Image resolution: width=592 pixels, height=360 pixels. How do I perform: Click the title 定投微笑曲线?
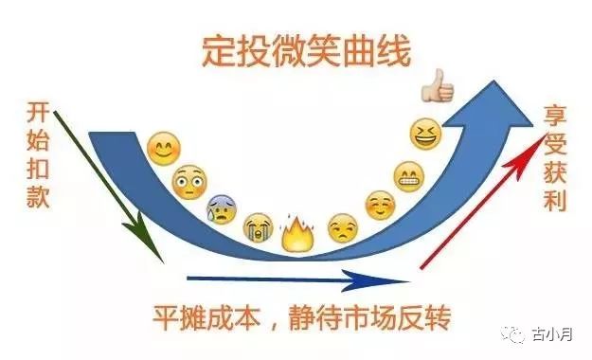click(x=305, y=51)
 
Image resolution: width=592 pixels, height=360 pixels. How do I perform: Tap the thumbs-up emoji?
click(x=440, y=89)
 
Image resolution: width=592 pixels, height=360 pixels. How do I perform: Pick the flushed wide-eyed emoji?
click(x=188, y=180)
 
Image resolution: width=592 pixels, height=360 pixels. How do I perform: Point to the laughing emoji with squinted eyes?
click(x=426, y=135)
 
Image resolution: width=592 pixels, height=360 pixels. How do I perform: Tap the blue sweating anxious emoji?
click(x=222, y=207)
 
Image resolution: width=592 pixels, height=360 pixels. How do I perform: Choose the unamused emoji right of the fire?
click(x=342, y=227)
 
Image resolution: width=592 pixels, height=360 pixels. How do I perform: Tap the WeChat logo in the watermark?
click(x=514, y=334)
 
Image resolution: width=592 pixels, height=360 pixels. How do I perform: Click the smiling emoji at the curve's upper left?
click(x=164, y=150)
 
